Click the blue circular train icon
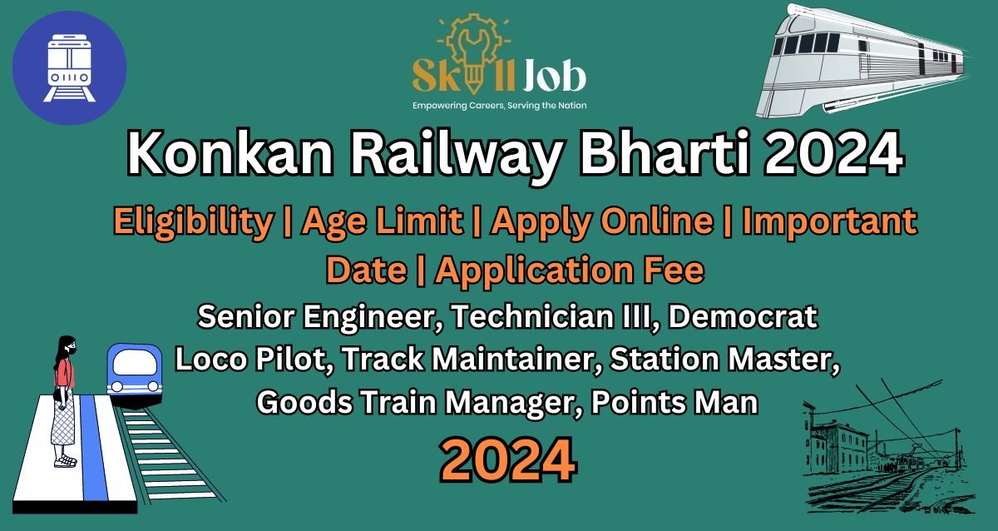[69, 67]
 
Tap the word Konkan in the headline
[230, 153]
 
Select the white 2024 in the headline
[833, 153]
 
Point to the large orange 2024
[508, 459]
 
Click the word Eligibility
[193, 221]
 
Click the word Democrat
[743, 316]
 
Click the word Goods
[304, 402]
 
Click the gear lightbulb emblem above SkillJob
[473, 49]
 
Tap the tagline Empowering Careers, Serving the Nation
[500, 106]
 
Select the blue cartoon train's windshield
[135, 363]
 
